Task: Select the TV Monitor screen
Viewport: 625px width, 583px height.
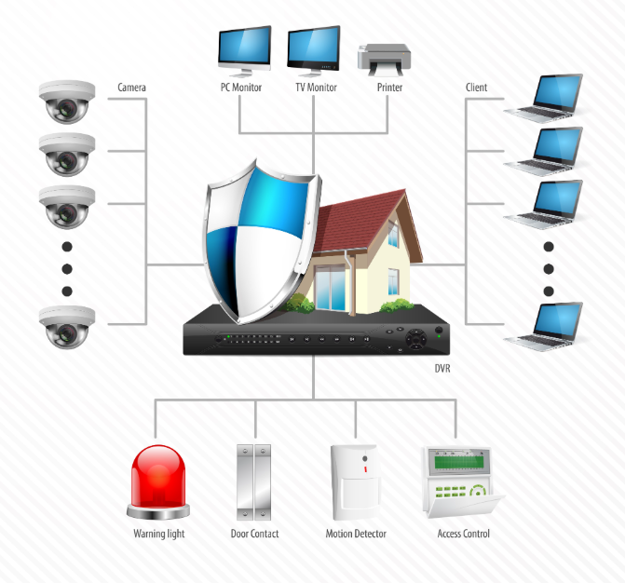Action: (x=315, y=48)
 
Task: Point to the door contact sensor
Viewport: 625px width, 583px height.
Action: (x=254, y=483)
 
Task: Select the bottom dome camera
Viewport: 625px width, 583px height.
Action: (x=67, y=326)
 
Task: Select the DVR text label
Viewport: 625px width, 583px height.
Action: (x=443, y=368)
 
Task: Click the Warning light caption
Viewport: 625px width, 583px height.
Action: (x=159, y=534)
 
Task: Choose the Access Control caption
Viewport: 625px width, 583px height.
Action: (x=463, y=534)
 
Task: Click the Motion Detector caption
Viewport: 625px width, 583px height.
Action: (x=356, y=534)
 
